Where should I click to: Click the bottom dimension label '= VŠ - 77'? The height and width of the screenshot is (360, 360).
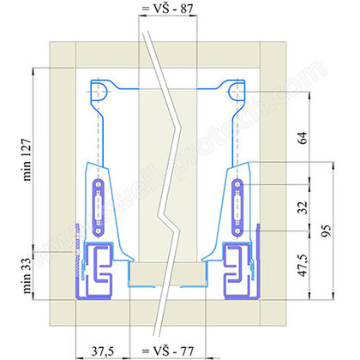pos(165,351)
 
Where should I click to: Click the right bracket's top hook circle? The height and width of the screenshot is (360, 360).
pos(236,87)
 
